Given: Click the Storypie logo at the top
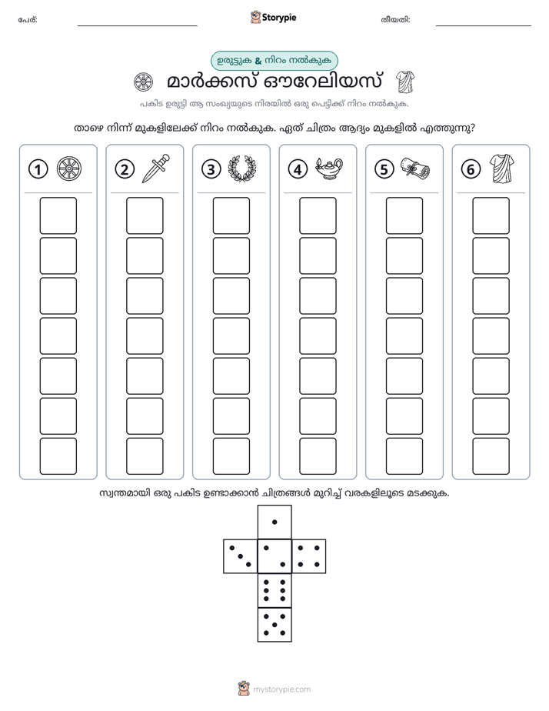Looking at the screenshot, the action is [273, 18].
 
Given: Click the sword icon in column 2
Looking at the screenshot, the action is [156, 169].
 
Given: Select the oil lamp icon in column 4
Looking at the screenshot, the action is [329, 169].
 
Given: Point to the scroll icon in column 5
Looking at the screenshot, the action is [415, 169].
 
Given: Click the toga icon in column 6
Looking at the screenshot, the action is [502, 169].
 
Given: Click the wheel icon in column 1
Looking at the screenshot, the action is [69, 169].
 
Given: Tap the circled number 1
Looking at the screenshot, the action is [38, 169].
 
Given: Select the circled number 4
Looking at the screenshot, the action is [298, 169].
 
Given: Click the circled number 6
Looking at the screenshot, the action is [471, 169].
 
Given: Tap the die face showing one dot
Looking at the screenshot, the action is [274, 522].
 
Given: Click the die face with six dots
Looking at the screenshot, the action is [274, 590].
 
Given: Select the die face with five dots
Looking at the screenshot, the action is [274, 624].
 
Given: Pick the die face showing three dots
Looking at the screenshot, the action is [240, 556].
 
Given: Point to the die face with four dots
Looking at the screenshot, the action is [309, 556].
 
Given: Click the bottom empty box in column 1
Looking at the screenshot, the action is [58, 456].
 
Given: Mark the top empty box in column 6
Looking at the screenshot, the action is [491, 215].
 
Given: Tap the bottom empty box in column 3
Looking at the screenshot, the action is [231, 456].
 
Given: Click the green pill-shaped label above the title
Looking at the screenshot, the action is [274, 61].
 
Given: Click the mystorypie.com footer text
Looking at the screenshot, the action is [281, 689].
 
